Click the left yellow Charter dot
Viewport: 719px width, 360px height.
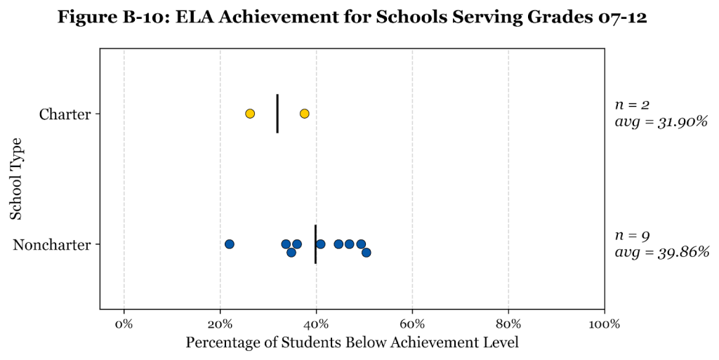coord(250,114)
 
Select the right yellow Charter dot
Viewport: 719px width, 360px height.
coord(304,114)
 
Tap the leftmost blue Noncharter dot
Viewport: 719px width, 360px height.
coord(229,244)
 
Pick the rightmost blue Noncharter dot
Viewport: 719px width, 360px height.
coord(366,253)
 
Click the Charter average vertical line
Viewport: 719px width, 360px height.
coord(277,114)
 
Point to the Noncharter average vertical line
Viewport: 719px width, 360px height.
coord(316,244)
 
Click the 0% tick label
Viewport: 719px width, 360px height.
coord(124,324)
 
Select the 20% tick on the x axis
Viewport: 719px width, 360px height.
coord(220,324)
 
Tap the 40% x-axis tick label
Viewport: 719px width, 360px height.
coord(316,324)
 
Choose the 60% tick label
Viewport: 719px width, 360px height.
coord(412,324)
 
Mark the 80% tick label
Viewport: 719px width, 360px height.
coord(508,324)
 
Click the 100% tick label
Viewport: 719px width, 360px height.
coord(604,324)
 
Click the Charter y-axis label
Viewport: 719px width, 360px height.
coord(65,114)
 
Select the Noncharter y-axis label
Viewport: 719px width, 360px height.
coord(52,245)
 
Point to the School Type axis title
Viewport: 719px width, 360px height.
coord(17,179)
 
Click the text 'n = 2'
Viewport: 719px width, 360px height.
coord(633,105)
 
